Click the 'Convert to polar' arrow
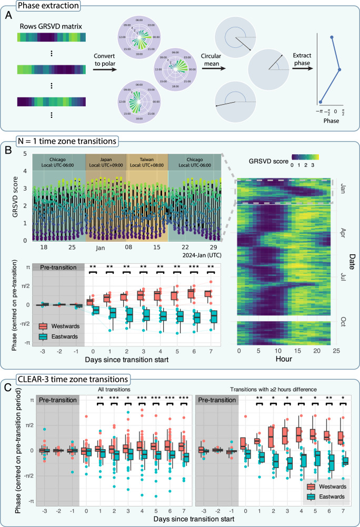[105, 69]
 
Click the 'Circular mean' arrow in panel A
[214, 68]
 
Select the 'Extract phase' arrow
[303, 68]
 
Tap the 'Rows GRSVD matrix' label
[51, 26]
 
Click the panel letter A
[8, 15]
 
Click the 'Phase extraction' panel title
[48, 5]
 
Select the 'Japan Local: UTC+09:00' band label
[106, 162]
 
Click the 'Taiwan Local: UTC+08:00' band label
[147, 162]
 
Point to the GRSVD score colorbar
[305, 157]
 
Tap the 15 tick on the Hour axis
[297, 351]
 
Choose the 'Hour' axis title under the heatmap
[284, 359]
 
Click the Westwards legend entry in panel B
[59, 326]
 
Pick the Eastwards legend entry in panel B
[58, 336]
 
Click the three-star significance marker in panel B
[194, 267]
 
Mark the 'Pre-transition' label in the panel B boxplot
[58, 267]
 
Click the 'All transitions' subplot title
[112, 390]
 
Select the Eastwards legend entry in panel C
[326, 497]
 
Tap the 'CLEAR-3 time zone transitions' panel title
[73, 380]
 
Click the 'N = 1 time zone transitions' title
[67, 141]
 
